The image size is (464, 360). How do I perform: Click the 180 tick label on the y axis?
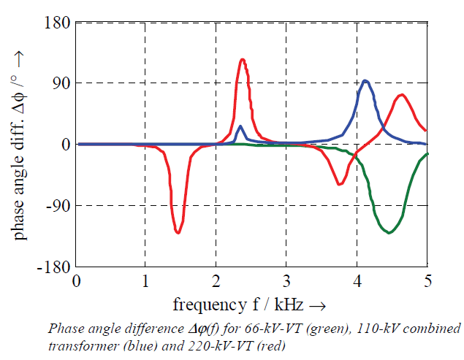point(57,23)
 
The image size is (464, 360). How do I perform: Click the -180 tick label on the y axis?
point(53,267)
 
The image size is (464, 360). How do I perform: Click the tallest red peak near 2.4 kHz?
point(242,60)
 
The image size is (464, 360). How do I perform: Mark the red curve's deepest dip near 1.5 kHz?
point(178,232)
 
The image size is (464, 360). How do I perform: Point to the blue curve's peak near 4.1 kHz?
point(365,81)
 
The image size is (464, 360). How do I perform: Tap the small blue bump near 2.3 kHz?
point(240,127)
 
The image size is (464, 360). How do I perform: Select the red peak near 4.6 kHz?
point(401,95)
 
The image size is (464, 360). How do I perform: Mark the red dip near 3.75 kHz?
point(339,184)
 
